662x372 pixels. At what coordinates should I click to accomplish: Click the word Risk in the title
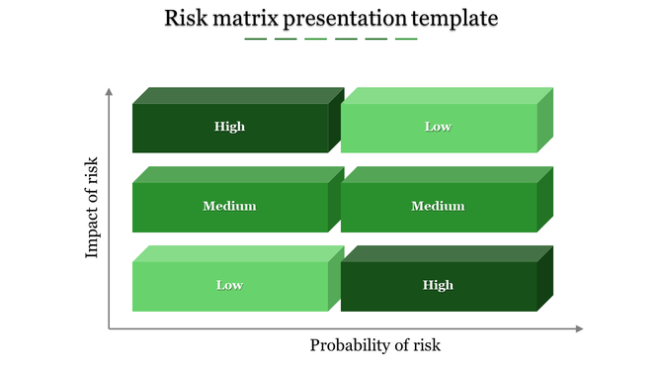pyautogui.click(x=186, y=19)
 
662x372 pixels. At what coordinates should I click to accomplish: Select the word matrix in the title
pyautogui.click(x=246, y=19)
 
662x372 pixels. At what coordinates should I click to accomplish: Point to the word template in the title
pyautogui.click(x=455, y=19)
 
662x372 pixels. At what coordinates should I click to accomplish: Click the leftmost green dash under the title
pyautogui.click(x=256, y=40)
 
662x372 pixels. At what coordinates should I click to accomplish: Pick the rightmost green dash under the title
pyautogui.click(x=406, y=40)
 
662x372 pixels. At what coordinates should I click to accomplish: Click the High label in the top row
pyautogui.click(x=229, y=127)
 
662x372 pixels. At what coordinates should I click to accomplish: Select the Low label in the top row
pyautogui.click(x=438, y=127)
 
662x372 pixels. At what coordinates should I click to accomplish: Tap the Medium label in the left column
pyautogui.click(x=229, y=206)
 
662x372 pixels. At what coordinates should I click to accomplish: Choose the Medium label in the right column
pyautogui.click(x=438, y=206)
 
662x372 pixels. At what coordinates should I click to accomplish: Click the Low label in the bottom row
pyautogui.click(x=229, y=285)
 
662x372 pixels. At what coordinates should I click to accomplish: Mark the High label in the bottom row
pyautogui.click(x=438, y=285)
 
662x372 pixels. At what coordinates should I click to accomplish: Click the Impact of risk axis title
pyautogui.click(x=93, y=208)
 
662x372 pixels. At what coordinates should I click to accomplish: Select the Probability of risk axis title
pyautogui.click(x=375, y=345)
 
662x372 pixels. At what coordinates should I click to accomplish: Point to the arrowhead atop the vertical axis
pyautogui.click(x=109, y=92)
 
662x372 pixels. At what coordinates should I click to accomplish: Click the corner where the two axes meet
pyautogui.click(x=109, y=328)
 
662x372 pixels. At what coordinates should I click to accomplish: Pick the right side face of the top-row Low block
pyautogui.click(x=545, y=120)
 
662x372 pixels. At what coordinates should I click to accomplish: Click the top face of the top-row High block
pyautogui.click(x=237, y=96)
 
